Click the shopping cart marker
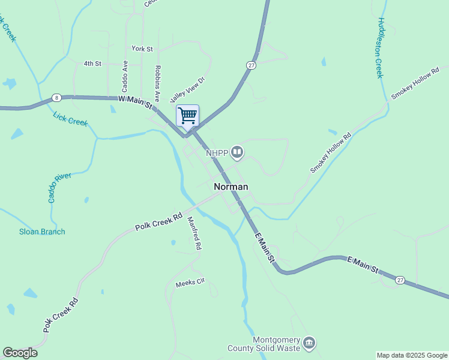(x=187, y=115)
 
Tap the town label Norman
(x=231, y=187)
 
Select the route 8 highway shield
(x=56, y=97)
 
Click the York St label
(x=142, y=49)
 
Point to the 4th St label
(x=92, y=63)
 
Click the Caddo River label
(x=59, y=187)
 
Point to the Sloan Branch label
(x=42, y=232)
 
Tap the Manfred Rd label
(x=194, y=233)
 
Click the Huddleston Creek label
(x=379, y=47)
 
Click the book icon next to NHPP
(x=238, y=152)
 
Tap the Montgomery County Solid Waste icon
(x=310, y=343)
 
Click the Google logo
(x=20, y=353)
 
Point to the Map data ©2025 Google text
(x=412, y=355)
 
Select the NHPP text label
(x=217, y=153)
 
